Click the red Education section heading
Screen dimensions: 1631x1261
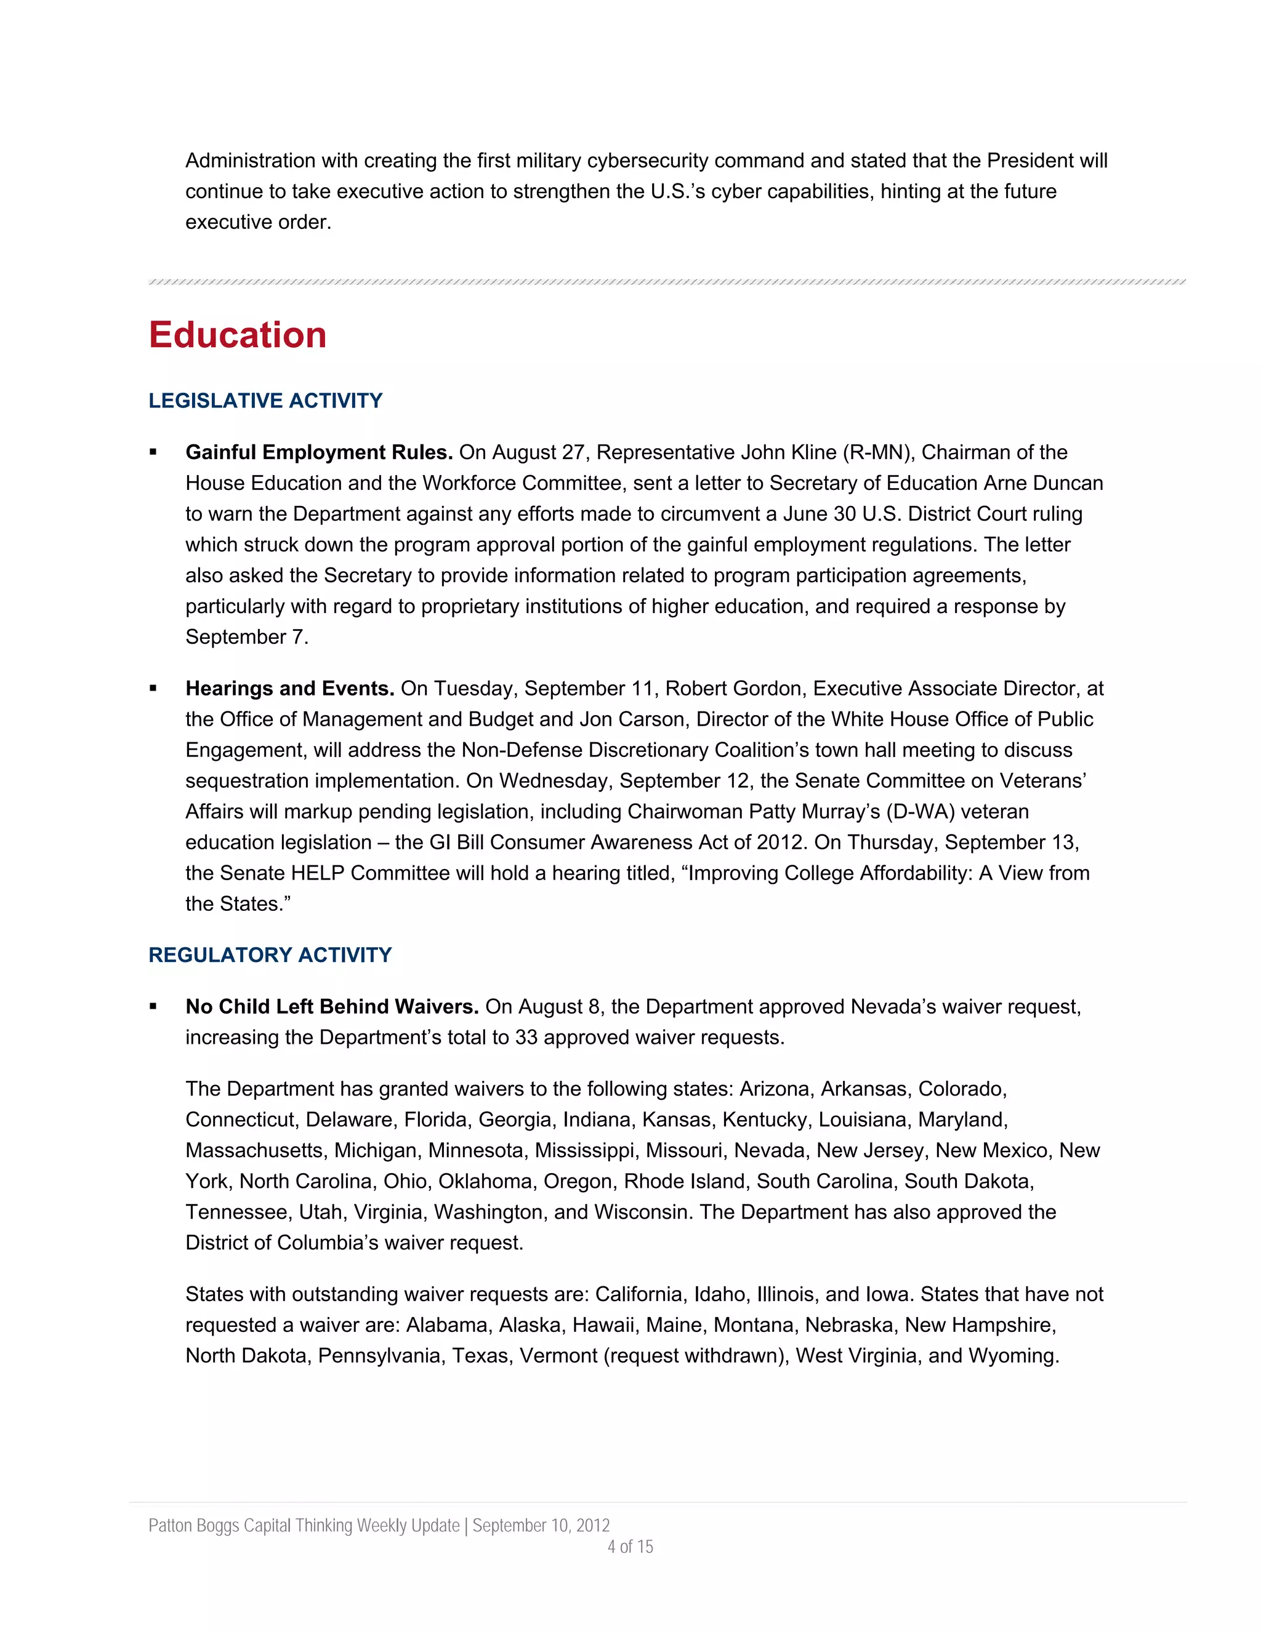[x=238, y=335]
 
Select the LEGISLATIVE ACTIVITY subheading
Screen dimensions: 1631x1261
[x=265, y=401]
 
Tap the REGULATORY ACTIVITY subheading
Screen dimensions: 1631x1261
[x=270, y=955]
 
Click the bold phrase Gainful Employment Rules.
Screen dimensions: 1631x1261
[x=319, y=452]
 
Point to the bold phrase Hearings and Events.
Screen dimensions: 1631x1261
[x=290, y=689]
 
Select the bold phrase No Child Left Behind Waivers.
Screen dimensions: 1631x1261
[x=332, y=1007]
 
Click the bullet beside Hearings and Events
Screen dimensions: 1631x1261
[x=153, y=689]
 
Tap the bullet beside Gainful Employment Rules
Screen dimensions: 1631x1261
[x=153, y=452]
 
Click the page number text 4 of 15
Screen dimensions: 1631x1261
[x=630, y=1547]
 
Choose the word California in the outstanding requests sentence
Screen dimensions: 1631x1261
[x=640, y=1294]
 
